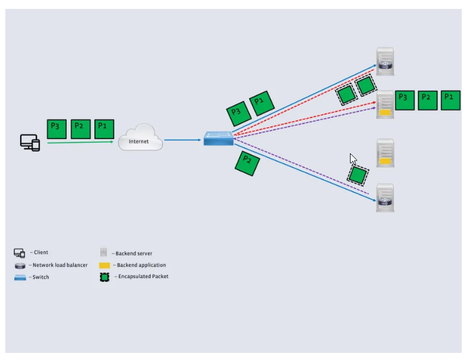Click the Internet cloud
[x=140, y=139]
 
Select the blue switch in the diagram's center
[x=219, y=138]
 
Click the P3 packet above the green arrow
[x=56, y=129]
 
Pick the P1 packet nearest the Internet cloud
[x=104, y=129]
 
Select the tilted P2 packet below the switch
[x=247, y=163]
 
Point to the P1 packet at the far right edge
[x=450, y=100]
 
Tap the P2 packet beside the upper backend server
[x=427, y=100]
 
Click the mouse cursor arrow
[x=352, y=159]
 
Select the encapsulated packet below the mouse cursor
[x=358, y=175]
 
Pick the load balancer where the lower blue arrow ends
[x=385, y=198]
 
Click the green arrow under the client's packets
[x=80, y=143]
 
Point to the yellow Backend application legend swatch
[x=105, y=266]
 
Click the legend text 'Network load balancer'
[x=60, y=265]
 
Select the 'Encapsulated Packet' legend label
[x=143, y=276]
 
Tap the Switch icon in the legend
[x=20, y=277]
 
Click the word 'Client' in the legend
[x=41, y=252]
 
